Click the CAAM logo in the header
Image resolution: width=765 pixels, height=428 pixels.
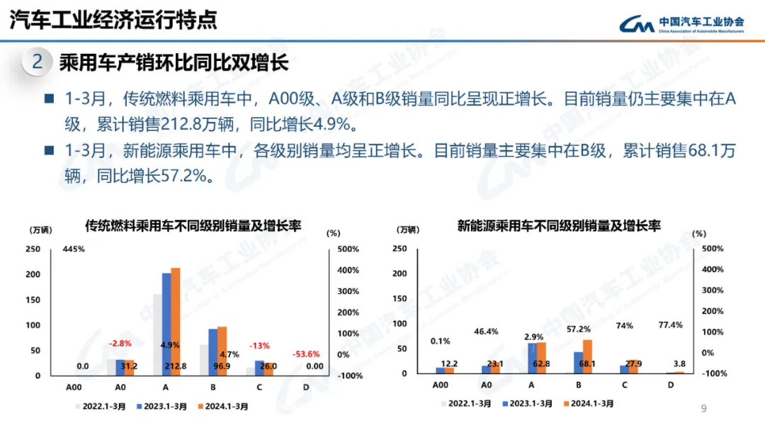(636, 25)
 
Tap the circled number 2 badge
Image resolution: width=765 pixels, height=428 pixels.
(38, 62)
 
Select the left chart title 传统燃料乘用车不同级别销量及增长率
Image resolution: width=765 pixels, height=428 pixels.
(193, 226)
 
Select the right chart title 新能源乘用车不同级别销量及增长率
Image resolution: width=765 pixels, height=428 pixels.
(559, 226)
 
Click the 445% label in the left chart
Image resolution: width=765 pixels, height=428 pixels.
(74, 249)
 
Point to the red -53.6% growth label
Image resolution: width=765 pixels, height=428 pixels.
(307, 354)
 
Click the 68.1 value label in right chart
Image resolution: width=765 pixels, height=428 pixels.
(585, 364)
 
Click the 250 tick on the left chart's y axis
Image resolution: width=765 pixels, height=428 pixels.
(33, 249)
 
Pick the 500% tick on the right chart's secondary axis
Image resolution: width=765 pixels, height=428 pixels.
(712, 249)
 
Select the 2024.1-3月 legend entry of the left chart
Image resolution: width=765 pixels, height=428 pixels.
(224, 407)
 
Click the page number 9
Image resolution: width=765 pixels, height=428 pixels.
(703, 408)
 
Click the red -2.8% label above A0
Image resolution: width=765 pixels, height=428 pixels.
(120, 343)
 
